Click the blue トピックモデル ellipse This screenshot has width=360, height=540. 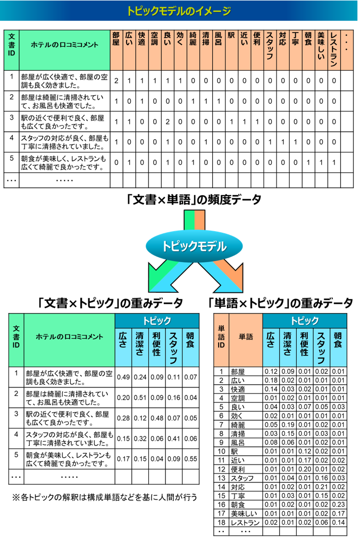(194, 246)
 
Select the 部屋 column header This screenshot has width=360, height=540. (116, 50)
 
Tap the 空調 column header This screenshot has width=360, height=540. (154, 50)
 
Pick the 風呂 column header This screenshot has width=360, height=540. (219, 50)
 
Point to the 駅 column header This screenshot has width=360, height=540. (231, 50)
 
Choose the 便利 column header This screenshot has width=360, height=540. (257, 50)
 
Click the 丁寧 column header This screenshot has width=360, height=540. (295, 50)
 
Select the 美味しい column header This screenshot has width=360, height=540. (321, 50)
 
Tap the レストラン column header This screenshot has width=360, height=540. (333, 50)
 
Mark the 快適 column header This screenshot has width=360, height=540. (141, 50)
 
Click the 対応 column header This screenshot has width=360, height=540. (282, 50)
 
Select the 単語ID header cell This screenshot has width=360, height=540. (221, 340)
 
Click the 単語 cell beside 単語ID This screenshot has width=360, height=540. (246, 340)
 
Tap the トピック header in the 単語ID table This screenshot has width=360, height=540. (304, 320)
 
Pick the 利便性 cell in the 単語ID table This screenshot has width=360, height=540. (304, 348)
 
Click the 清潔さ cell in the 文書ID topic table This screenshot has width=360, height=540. (140, 348)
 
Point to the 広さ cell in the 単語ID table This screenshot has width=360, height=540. (271, 348)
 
